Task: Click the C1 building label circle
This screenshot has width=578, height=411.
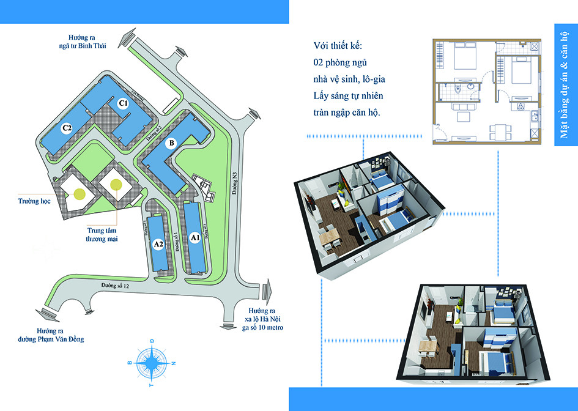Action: [x=123, y=103]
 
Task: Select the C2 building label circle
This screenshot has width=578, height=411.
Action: [x=67, y=128]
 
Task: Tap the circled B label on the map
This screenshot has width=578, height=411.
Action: [x=172, y=144]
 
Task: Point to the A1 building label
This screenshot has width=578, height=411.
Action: [x=195, y=237]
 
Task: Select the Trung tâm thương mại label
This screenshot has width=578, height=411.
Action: [x=102, y=235]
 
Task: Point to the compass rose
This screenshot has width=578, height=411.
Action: [x=151, y=363]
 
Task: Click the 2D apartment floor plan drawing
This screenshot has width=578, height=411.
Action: [x=487, y=92]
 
